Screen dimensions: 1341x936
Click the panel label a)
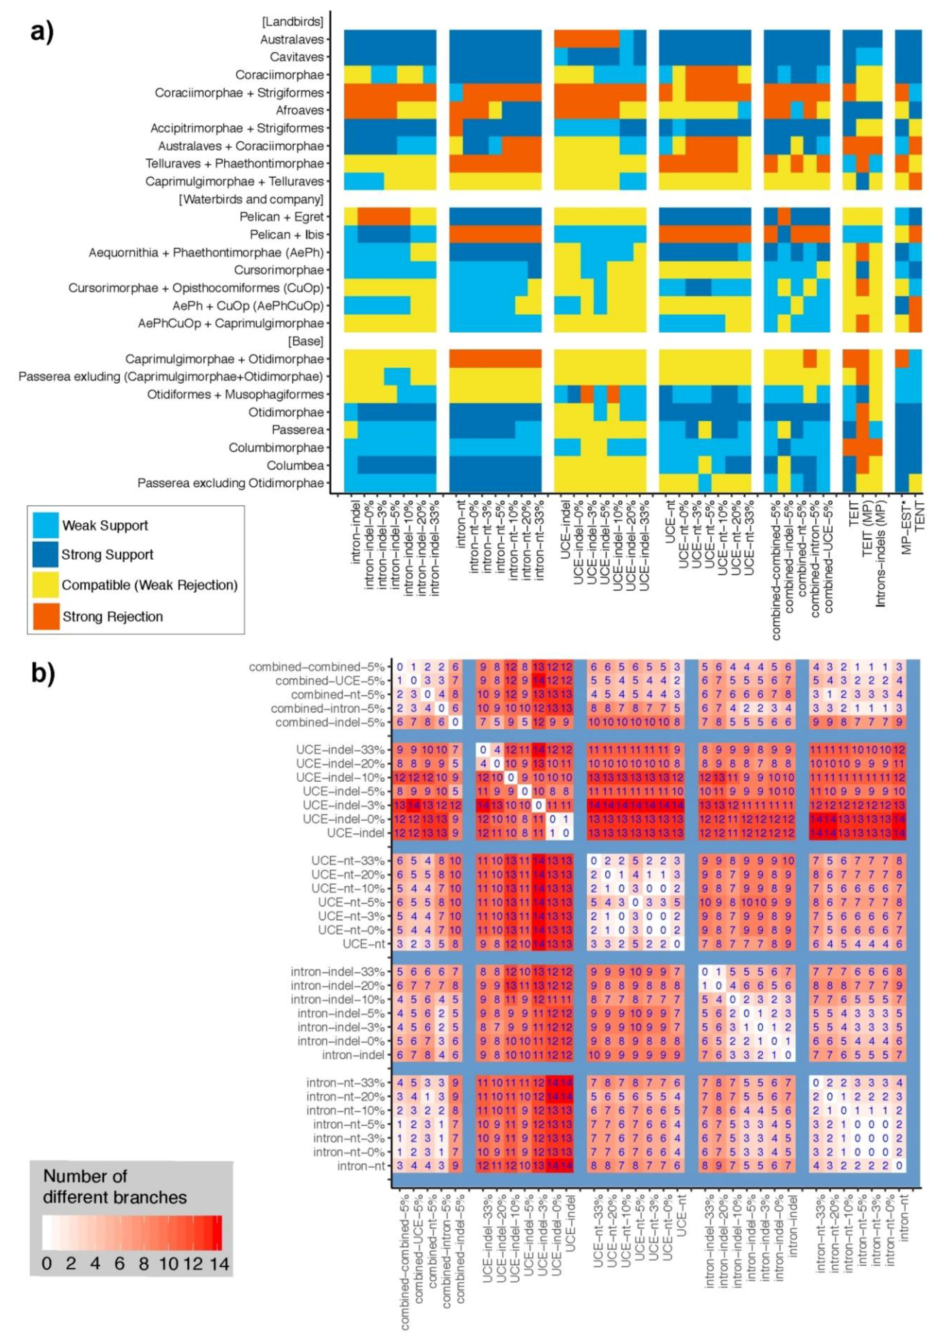pos(42,32)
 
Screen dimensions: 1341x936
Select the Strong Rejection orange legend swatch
pos(46,616)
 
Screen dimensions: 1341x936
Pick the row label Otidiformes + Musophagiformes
pos(235,394)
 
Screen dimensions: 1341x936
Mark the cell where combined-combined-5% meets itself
pos(400,667)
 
